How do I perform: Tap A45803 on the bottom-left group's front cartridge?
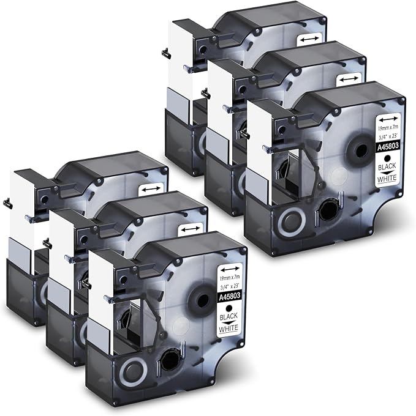(230, 296)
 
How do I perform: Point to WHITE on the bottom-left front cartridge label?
(228, 329)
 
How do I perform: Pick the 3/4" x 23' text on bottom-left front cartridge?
(230, 286)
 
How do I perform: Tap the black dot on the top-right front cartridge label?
(388, 158)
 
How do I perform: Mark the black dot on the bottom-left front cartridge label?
(229, 308)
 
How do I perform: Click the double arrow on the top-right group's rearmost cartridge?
(309, 39)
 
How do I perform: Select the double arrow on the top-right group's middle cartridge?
(349, 79)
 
